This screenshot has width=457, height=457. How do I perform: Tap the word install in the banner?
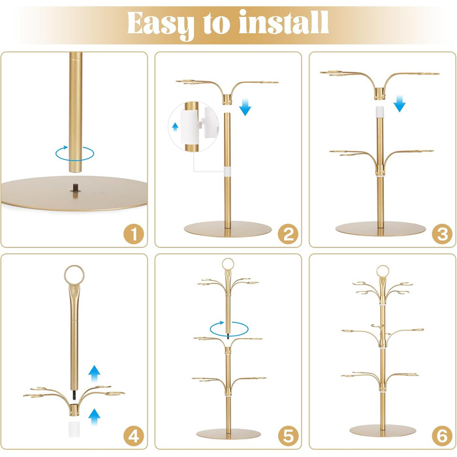point(284,22)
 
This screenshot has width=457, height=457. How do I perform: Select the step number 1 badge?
point(134,234)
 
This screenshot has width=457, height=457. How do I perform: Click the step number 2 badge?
point(288,234)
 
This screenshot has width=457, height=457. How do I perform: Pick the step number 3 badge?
point(442,234)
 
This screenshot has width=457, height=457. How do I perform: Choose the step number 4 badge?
point(134,436)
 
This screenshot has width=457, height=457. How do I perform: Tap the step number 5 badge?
point(288,436)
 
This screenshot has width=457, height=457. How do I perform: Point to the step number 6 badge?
point(442,436)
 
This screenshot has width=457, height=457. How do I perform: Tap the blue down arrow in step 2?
point(245,107)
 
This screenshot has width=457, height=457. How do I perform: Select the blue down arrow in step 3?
point(400,103)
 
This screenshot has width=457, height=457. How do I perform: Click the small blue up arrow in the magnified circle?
point(175,127)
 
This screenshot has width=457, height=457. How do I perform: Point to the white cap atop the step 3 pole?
point(379,112)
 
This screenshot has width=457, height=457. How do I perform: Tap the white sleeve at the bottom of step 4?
point(74,429)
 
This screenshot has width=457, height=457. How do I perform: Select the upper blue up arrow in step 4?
point(94,373)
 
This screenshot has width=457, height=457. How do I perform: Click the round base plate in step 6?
point(383,430)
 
